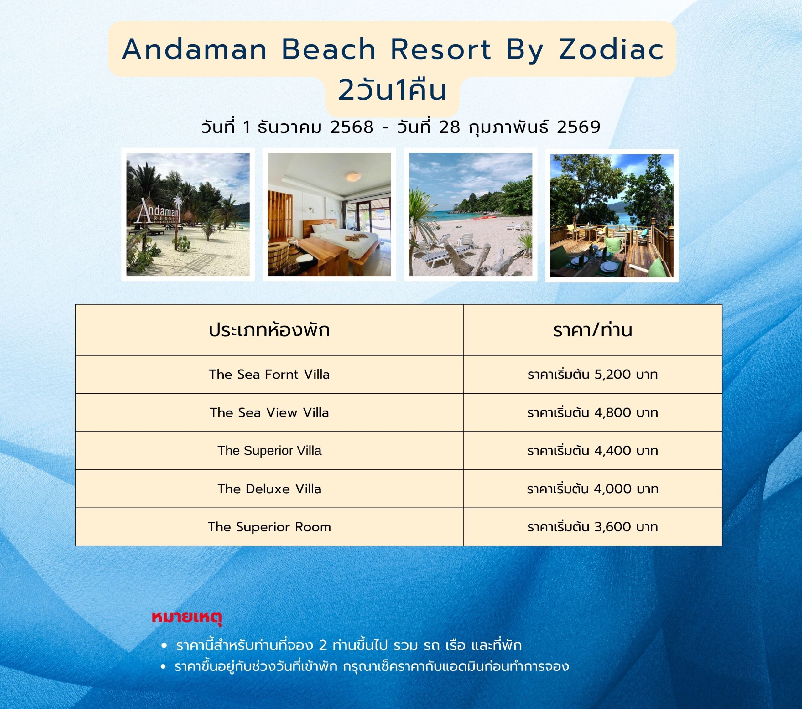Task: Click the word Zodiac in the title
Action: [x=611, y=50]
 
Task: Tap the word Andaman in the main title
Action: [x=195, y=50]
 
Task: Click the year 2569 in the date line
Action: [x=578, y=127]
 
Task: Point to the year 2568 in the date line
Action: [x=352, y=127]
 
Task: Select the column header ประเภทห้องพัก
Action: [x=269, y=330]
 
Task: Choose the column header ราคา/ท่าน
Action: [x=592, y=330]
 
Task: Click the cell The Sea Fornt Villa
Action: [x=269, y=375]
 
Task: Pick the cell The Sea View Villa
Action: [x=269, y=412]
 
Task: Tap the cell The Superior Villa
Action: [x=269, y=451]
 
